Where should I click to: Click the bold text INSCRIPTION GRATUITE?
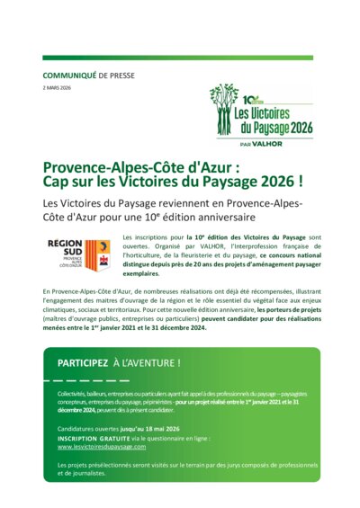pos(94,438)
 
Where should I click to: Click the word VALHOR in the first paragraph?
pos(206,245)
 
